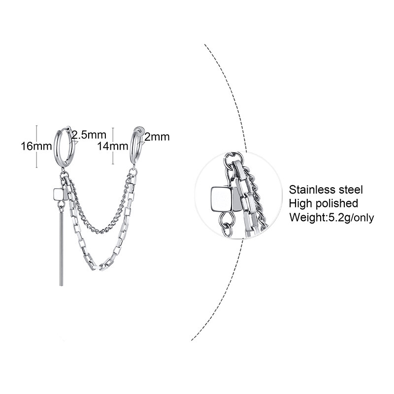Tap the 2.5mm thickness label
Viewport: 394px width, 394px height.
point(89,134)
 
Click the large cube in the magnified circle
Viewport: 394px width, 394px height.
point(221,198)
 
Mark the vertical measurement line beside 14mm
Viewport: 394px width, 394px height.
point(114,146)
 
